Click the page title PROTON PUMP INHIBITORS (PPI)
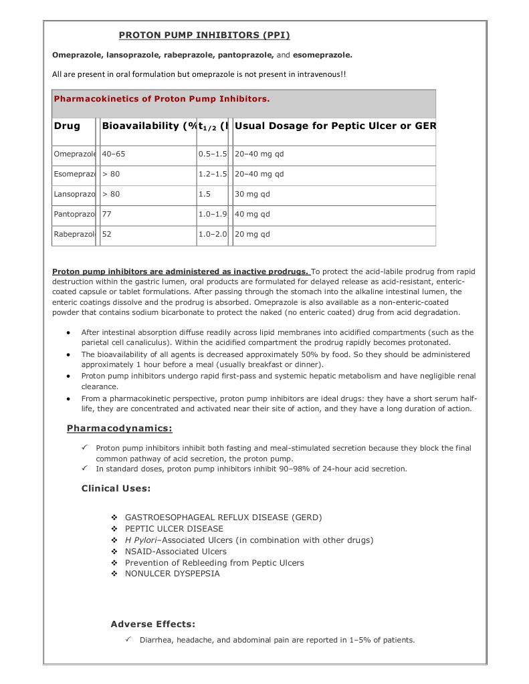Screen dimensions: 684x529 click(204, 35)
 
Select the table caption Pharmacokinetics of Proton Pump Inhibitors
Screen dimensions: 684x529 click(162, 98)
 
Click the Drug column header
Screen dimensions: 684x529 click(67, 126)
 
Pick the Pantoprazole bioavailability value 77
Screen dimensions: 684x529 click(106, 214)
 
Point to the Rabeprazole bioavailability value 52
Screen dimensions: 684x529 click(106, 234)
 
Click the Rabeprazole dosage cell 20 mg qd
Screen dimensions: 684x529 click(252, 234)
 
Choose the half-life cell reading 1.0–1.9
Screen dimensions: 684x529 click(213, 214)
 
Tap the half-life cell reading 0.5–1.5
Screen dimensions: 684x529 click(213, 154)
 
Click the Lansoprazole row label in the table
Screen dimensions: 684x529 click(74, 194)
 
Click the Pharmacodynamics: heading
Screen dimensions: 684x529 click(119, 428)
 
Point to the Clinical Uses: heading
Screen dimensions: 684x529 click(116, 488)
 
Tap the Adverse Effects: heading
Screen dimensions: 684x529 click(152, 624)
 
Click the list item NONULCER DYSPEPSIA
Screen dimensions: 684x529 click(172, 573)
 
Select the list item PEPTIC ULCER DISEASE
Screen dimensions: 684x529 click(174, 528)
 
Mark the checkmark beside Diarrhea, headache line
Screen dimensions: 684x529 click(128, 639)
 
